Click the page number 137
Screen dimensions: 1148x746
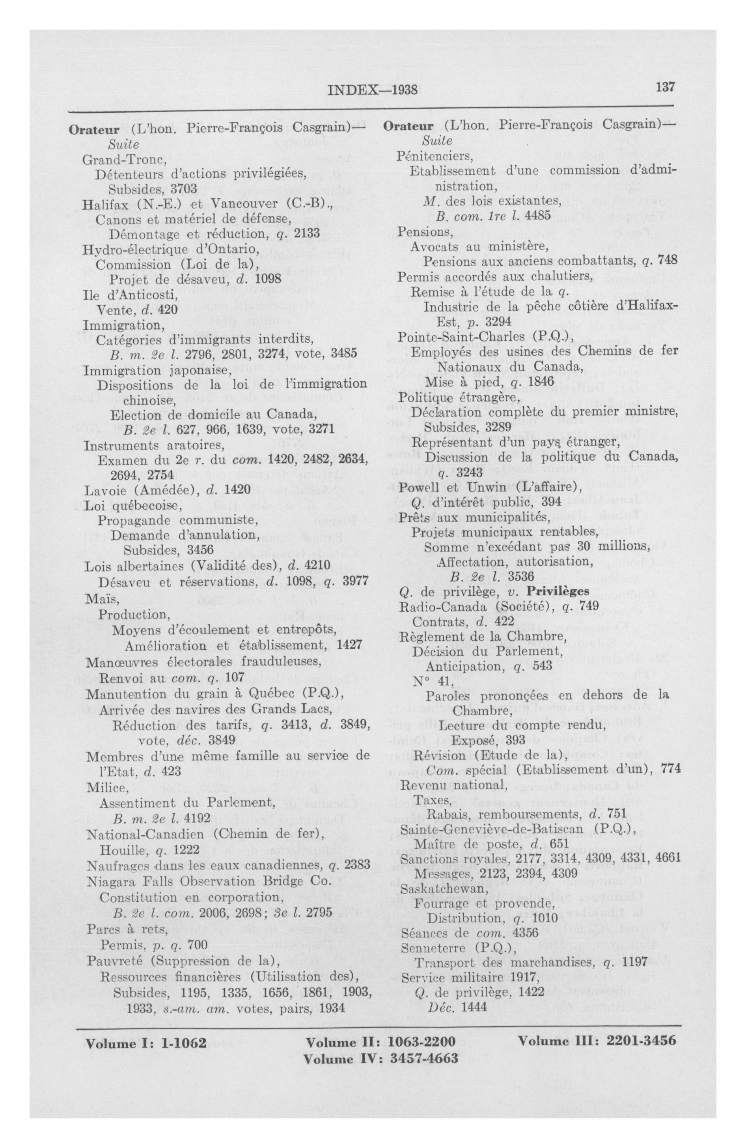point(665,87)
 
